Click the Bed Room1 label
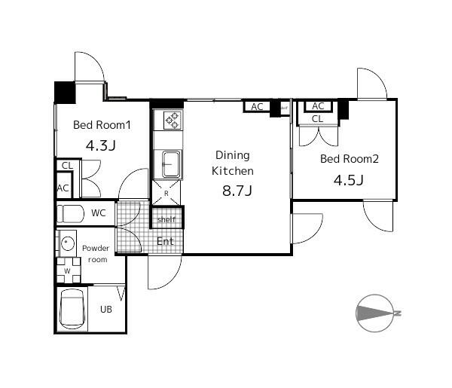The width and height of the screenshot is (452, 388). click(102, 126)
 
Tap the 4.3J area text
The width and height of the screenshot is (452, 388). click(101, 145)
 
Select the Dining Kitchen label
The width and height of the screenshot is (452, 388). click(231, 163)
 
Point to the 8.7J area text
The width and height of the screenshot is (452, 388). click(236, 190)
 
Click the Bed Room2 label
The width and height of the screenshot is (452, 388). click(349, 159)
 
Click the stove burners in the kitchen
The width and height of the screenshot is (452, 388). click(171, 119)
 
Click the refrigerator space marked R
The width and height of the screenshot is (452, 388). click(166, 193)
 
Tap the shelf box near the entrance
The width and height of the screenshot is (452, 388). click(166, 219)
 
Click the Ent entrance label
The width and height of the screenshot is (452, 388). click(166, 241)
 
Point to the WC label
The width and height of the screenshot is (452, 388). click(99, 213)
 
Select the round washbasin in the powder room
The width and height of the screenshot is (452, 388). click(67, 243)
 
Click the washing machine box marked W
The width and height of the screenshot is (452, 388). click(67, 270)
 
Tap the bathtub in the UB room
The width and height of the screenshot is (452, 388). click(72, 309)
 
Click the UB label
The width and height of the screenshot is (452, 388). click(106, 309)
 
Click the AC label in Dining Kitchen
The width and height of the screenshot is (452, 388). click(257, 107)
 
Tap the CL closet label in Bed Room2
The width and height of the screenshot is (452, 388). click(317, 119)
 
